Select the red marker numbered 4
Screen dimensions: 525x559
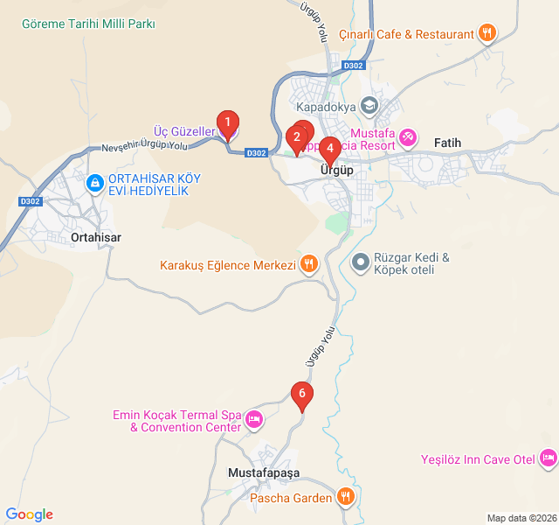[328, 149]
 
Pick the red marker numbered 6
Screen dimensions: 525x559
[302, 395]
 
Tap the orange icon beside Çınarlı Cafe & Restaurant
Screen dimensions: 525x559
[487, 34]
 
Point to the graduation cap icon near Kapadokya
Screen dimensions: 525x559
[369, 105]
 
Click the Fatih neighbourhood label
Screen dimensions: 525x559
[446, 143]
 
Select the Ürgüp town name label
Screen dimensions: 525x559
[337, 170]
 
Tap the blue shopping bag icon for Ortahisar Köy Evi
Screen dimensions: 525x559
[94, 184]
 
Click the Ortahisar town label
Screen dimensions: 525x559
[95, 237]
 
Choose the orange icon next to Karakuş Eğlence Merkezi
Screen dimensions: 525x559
[308, 264]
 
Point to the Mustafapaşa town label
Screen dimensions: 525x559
[263, 472]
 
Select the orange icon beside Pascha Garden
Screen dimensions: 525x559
[346, 498]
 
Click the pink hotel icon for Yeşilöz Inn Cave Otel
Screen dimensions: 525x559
[548, 458]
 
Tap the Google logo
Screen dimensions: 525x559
[29, 514]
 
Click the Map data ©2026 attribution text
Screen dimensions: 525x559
[521, 518]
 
